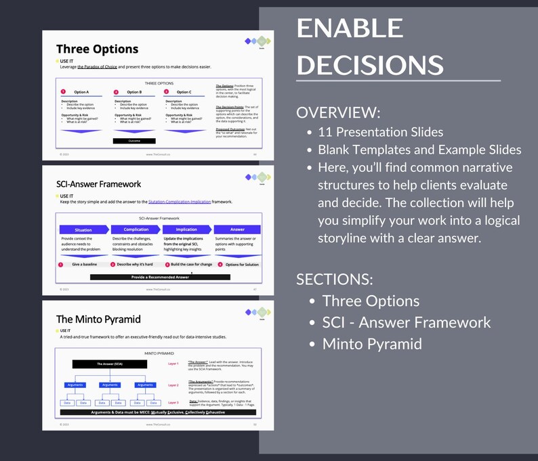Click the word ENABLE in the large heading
(350, 28)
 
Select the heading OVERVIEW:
(337, 112)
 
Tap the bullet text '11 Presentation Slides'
(381, 132)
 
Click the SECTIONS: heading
(335, 279)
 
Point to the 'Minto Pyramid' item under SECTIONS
(371, 343)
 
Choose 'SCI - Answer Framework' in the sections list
(406, 322)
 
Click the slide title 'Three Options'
(97, 49)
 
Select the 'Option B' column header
(134, 92)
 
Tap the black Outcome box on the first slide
(133, 141)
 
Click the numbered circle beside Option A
(63, 92)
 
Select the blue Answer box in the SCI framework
(237, 229)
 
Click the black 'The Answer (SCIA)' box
(110, 364)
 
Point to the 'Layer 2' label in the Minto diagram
(173, 385)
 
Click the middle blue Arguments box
(110, 385)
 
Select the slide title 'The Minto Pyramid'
(98, 319)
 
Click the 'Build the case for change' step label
(190, 264)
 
